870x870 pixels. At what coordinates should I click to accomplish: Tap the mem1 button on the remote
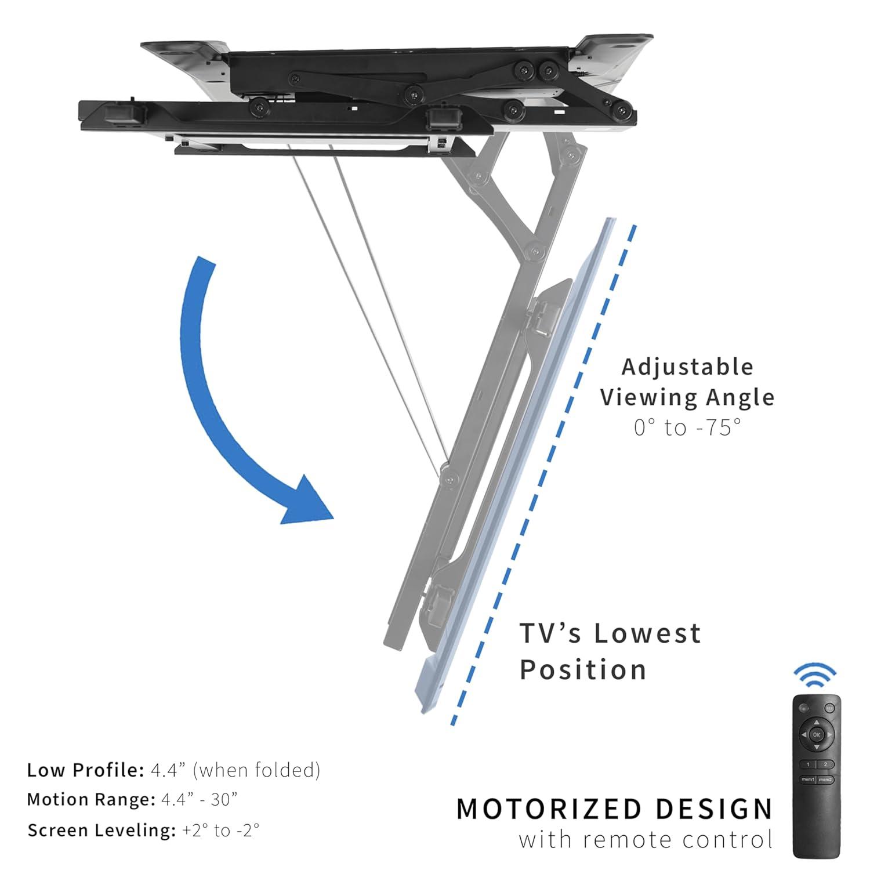pos(808,780)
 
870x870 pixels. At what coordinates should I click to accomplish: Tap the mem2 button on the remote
pos(825,780)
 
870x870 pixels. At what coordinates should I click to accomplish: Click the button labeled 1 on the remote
pos(808,765)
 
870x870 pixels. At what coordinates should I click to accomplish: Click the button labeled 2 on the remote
pos(825,765)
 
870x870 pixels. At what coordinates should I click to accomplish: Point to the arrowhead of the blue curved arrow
pos(307,502)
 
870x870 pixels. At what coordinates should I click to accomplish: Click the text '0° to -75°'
pos(687,428)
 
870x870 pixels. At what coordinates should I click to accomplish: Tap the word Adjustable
pos(687,367)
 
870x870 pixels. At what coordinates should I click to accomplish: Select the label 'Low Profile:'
pos(85,770)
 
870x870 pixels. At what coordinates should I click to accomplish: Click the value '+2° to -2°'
pos(220,831)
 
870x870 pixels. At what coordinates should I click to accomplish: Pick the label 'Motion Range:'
pos(91,800)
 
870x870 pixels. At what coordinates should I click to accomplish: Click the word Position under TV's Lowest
pos(582,670)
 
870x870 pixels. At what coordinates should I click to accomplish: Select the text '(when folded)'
pos(257,770)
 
